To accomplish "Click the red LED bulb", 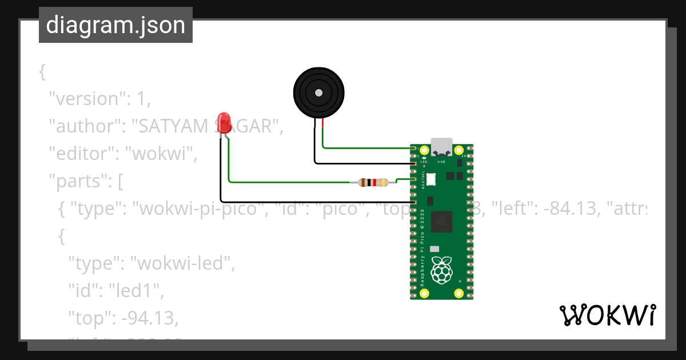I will pos(223,122).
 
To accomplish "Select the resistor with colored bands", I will pos(373,183).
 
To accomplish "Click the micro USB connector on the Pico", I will pos(441,147).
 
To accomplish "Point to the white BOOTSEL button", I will pos(430,179).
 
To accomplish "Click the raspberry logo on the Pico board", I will pos(441,270).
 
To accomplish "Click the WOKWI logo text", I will pos(607,315).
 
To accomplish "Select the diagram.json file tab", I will pos(115,25).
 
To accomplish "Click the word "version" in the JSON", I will pos(86,99).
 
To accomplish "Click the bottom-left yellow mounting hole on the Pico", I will pos(424,293).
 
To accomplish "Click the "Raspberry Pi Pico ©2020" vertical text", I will pos(422,247).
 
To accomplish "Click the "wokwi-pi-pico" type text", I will pos(200,209).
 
